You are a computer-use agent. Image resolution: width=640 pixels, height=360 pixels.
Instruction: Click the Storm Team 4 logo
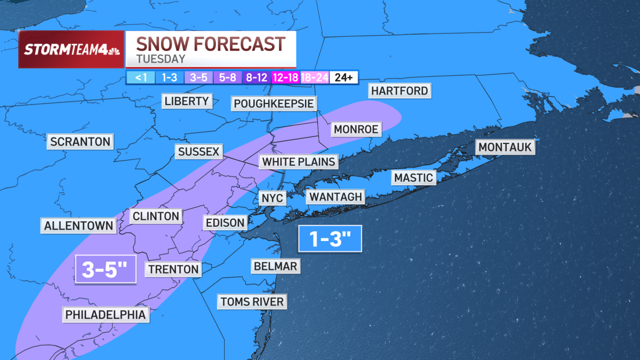click(x=71, y=50)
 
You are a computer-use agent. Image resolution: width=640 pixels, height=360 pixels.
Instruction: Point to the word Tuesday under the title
click(x=161, y=59)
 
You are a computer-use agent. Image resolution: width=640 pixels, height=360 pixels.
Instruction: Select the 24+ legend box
click(x=343, y=77)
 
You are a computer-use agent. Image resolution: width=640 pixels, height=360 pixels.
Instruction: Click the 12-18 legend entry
click(x=286, y=77)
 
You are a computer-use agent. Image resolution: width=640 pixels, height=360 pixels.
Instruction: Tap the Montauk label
click(x=506, y=147)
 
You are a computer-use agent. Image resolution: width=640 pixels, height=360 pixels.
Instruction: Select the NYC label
click(x=273, y=198)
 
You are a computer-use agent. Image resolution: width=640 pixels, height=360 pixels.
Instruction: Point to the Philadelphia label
click(x=106, y=315)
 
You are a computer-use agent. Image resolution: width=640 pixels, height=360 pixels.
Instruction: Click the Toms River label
click(x=252, y=302)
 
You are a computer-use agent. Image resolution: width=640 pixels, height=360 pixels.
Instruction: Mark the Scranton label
click(x=80, y=142)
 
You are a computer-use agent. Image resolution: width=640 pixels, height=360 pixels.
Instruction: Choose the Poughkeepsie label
click(x=274, y=103)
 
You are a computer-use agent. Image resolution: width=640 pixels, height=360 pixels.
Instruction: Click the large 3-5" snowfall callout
click(x=106, y=269)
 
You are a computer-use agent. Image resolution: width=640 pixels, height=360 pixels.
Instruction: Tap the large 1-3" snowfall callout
click(x=330, y=238)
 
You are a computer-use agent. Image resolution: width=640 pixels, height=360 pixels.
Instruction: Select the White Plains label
click(x=299, y=162)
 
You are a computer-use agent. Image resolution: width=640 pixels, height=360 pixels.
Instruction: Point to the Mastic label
click(x=414, y=178)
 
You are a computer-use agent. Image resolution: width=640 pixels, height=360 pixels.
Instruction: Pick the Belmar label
click(x=275, y=266)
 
